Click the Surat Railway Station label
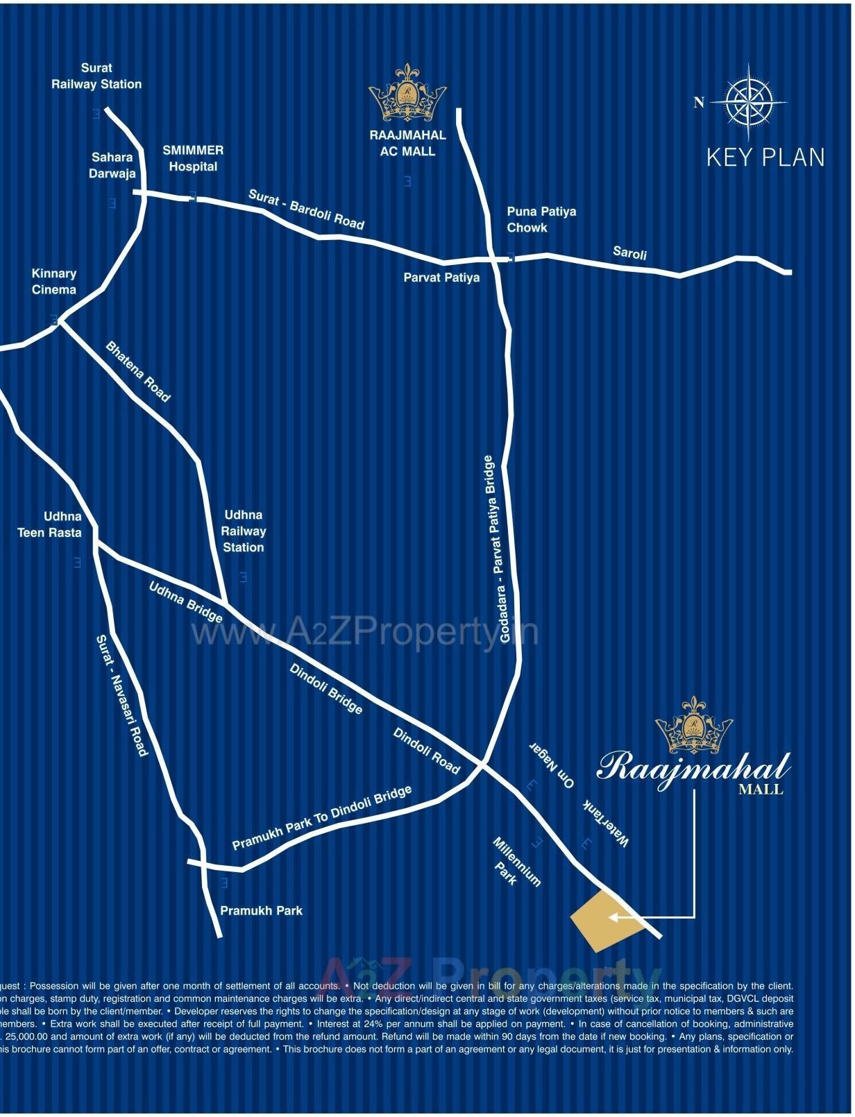pos(96,76)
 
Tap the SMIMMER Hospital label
pos(193,158)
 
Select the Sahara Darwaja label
pos(112,165)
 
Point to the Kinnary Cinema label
pos(54,282)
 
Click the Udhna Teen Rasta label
pos(49,525)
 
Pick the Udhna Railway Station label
pos(243,531)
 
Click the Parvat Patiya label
pos(441,278)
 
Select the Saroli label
pos(629,253)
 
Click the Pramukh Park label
pos(261,910)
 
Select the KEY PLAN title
pos(765,157)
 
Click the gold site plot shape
pos(601,921)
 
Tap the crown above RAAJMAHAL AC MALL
pos(407,94)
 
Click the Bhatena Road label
pos(138,371)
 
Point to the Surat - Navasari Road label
pos(121,695)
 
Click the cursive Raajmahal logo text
pos(693,768)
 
